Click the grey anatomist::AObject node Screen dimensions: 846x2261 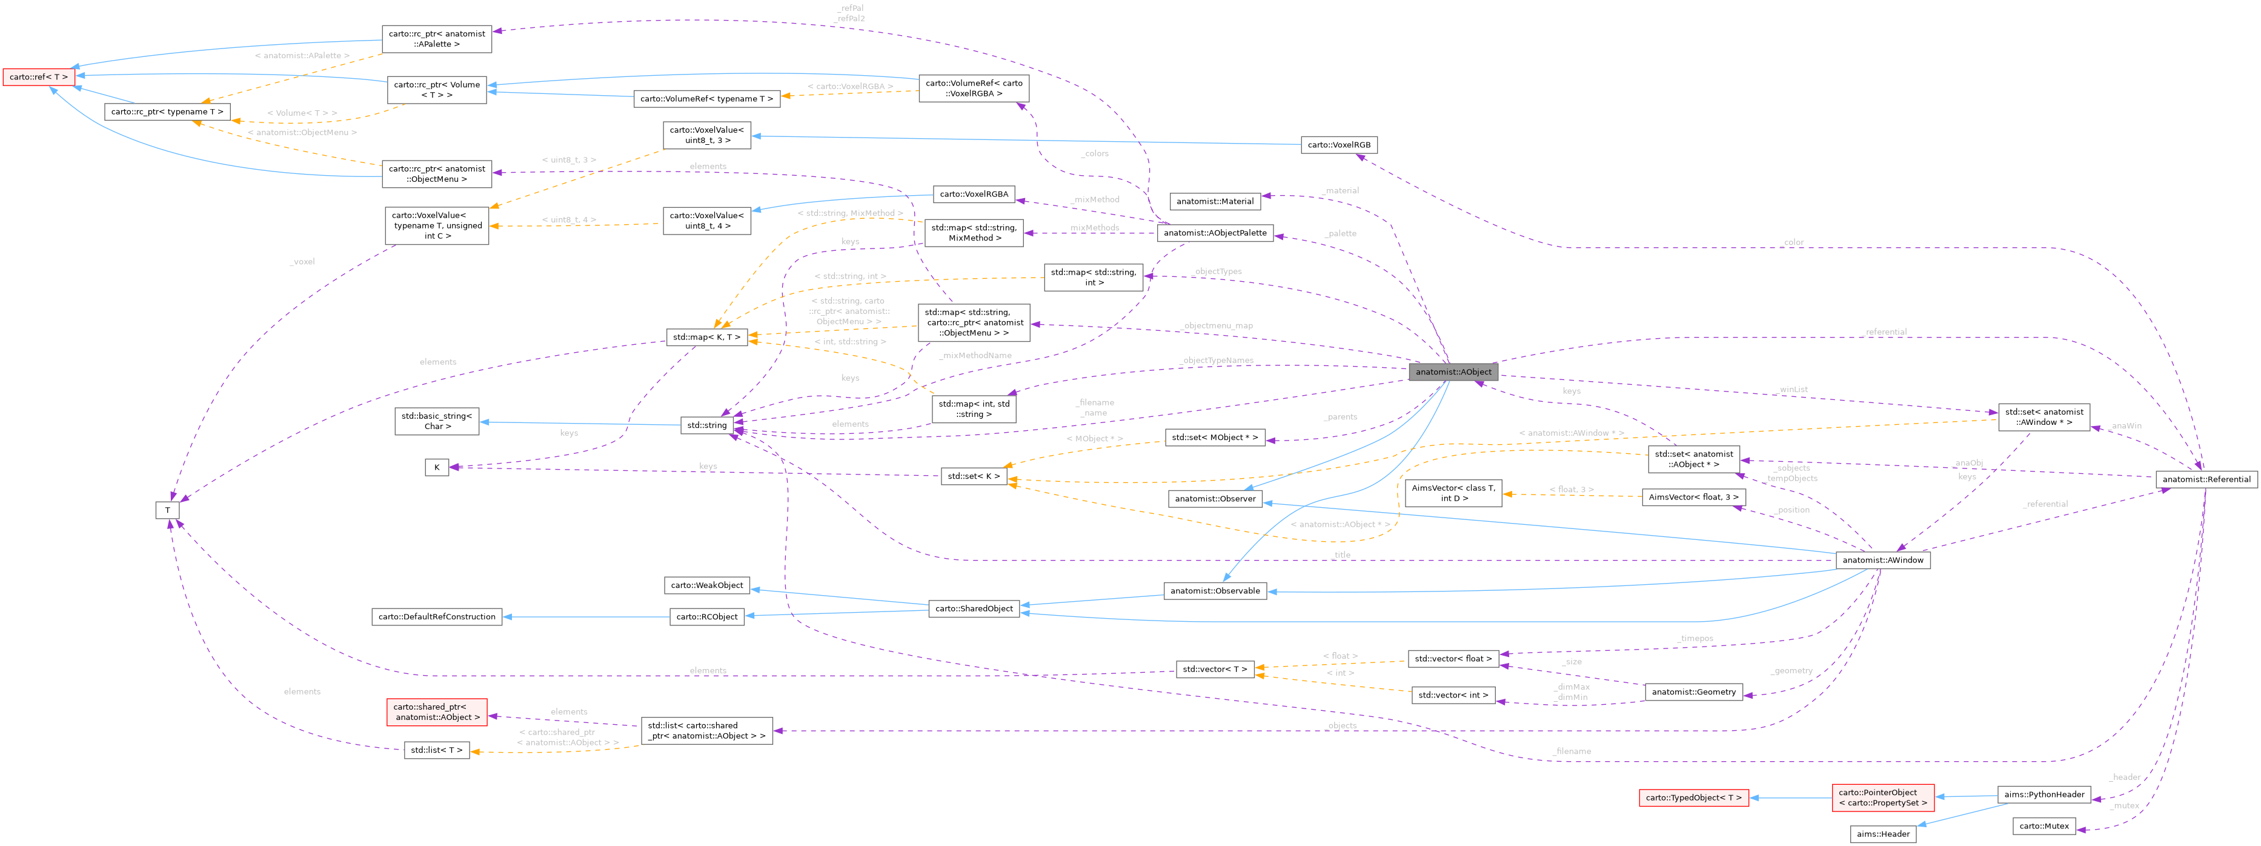(1453, 372)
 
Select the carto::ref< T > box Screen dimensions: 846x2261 (38, 77)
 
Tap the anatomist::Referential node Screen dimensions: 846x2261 (2206, 479)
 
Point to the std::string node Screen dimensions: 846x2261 (706, 425)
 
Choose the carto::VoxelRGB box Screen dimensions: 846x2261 (1338, 145)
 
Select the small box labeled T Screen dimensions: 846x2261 (167, 510)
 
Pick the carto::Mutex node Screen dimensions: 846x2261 (2044, 826)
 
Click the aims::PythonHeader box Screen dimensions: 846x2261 (2044, 794)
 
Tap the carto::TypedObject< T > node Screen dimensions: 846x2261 (1693, 798)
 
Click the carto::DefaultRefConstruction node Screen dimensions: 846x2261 (436, 617)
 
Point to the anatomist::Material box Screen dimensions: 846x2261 (1215, 201)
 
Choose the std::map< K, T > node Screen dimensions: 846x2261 (706, 337)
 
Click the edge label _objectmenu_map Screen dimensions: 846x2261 (1217, 325)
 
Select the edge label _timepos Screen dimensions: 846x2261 (1695, 638)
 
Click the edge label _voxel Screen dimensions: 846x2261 (302, 262)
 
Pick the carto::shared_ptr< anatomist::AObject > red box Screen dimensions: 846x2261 (436, 711)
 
